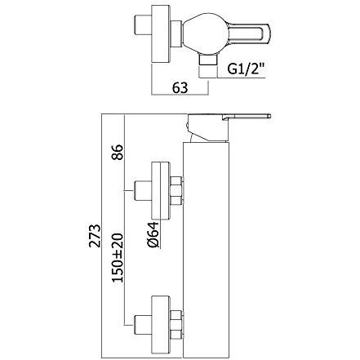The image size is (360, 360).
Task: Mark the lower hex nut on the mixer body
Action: (176, 319)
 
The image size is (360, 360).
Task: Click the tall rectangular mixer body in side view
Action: (204, 245)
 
